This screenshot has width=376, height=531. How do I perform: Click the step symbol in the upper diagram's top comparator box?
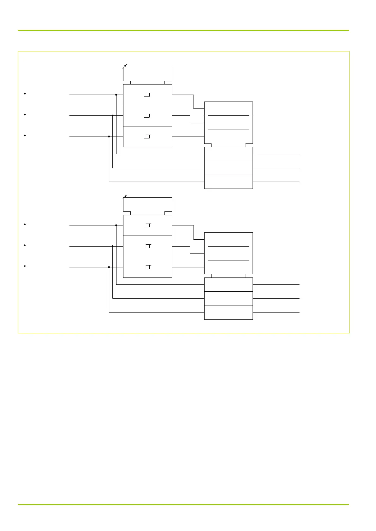147,95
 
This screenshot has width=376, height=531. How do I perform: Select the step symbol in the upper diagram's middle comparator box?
147,116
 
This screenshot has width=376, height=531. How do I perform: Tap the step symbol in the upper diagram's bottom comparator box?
147,137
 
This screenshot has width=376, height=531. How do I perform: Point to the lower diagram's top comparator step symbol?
147,225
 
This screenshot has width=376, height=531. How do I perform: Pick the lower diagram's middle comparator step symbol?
147,246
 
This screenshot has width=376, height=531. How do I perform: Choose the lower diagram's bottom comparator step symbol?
147,267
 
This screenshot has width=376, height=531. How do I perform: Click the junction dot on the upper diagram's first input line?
116,95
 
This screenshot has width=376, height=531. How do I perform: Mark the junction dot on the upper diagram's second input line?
112,115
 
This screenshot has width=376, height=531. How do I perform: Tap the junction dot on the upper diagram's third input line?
109,137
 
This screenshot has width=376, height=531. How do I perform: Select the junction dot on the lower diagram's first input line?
116,225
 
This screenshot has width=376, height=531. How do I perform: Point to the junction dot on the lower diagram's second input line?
112,246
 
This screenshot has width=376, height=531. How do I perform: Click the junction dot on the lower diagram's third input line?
109,267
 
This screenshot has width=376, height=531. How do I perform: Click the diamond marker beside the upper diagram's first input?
25,94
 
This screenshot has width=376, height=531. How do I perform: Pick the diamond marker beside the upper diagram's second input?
25,114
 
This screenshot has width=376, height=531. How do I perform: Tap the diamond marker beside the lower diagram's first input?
25,224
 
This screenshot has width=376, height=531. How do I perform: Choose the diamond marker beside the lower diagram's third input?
25,266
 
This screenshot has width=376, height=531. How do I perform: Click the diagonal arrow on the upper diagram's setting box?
125,66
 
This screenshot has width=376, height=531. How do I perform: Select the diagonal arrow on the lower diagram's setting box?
125,197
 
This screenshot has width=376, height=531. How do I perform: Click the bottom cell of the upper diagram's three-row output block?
228,182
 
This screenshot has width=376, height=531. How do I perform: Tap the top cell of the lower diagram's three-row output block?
228,284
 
